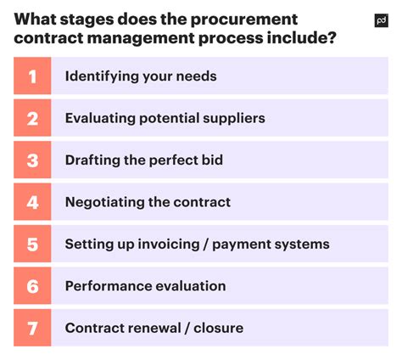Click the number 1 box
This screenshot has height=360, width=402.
tap(32, 76)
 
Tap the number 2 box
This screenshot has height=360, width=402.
tap(32, 118)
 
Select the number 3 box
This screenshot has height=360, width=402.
tap(32, 160)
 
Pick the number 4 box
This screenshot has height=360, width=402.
tap(32, 202)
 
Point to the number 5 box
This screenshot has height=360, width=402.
tap(32, 245)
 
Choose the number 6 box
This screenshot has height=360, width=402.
tap(32, 286)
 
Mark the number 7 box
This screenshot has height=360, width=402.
tap(32, 328)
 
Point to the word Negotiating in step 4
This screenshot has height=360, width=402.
tap(104, 202)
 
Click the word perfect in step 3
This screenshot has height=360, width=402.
tap(176, 160)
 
